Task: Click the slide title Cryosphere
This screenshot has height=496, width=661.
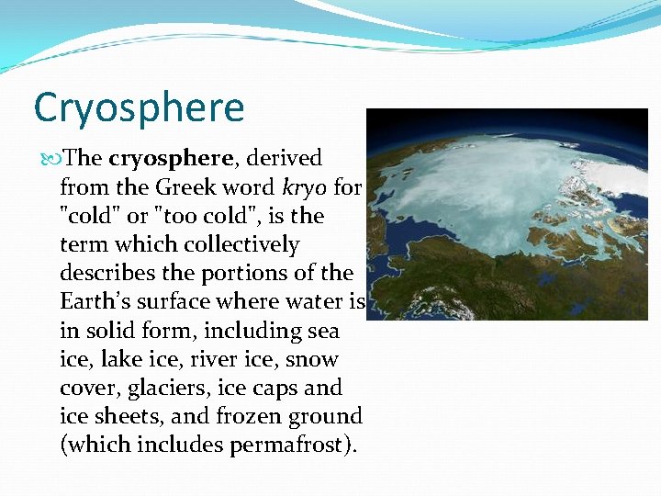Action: coord(139,107)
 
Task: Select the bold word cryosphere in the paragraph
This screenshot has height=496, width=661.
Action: coord(174,158)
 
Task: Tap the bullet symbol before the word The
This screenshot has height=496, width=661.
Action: coord(50,158)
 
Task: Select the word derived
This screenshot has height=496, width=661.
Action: coord(284,158)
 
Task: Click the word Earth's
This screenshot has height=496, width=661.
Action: coord(94,302)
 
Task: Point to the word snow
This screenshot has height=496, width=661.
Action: coord(314,359)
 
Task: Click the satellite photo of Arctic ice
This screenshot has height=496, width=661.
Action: coord(507,214)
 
